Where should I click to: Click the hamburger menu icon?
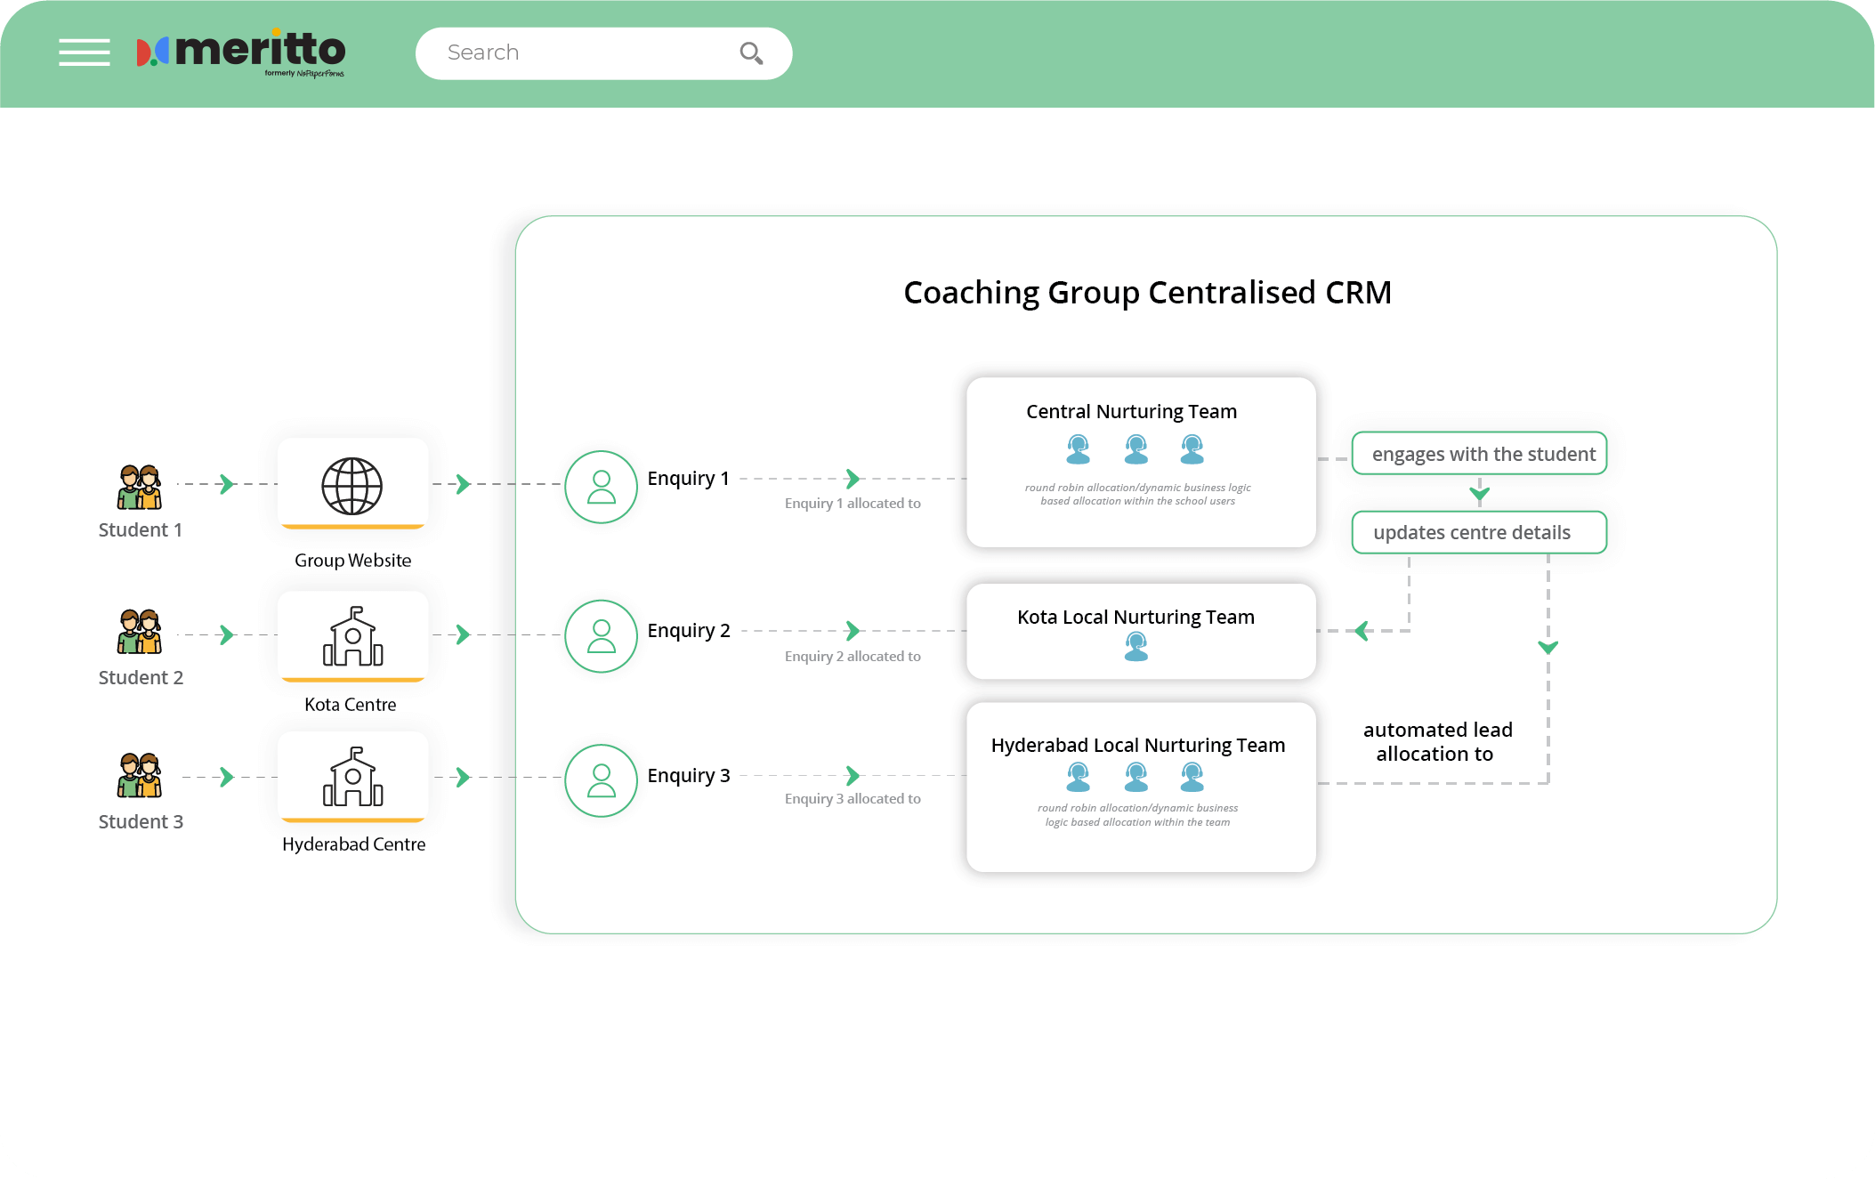point(85,52)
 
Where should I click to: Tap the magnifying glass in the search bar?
point(751,53)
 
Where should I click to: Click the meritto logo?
point(241,52)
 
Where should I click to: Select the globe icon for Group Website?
point(352,486)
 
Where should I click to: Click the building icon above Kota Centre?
point(352,636)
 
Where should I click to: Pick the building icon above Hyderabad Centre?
point(352,777)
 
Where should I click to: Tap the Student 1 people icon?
point(140,487)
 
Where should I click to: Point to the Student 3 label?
point(141,821)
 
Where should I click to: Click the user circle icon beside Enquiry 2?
point(602,635)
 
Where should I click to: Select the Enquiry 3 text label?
point(688,775)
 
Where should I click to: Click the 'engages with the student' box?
point(1479,454)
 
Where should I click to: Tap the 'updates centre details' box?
point(1479,532)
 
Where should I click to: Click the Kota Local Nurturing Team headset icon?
point(1136,646)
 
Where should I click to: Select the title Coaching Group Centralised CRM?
point(1147,292)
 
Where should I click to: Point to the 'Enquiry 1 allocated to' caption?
point(852,504)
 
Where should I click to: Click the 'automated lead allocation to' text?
point(1436,741)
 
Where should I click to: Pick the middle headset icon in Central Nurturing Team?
point(1136,449)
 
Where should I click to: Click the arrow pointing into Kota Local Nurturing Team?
point(1362,631)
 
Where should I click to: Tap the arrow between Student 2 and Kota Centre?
point(227,634)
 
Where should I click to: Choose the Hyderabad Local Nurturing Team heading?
point(1137,745)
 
